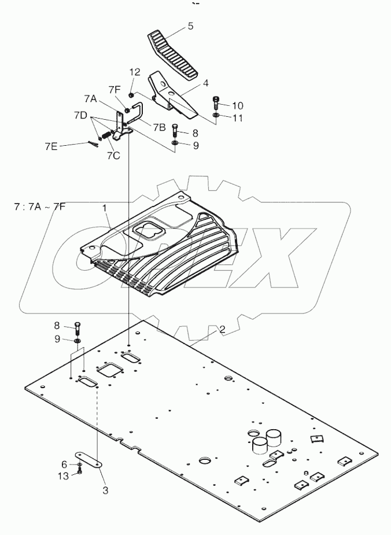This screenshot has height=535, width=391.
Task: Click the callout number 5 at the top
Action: (190, 26)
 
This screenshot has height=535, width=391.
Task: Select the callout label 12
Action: (134, 72)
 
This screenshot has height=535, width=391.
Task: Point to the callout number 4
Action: (205, 83)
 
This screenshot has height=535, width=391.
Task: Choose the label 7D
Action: (81, 116)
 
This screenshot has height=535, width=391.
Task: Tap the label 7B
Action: (160, 126)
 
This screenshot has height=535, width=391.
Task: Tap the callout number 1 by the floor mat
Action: (105, 207)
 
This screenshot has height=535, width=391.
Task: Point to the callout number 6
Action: (64, 464)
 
